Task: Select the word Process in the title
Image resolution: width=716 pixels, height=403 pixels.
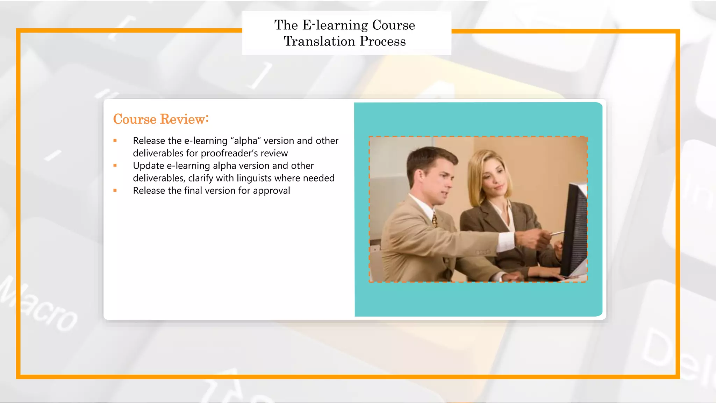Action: pos(383,41)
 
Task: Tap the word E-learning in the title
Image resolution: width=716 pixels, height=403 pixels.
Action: pos(335,25)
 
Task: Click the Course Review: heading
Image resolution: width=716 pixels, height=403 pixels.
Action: pos(161,119)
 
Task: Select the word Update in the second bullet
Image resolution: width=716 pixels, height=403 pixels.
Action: pos(149,166)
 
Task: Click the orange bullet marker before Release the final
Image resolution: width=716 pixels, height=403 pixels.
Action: pos(115,191)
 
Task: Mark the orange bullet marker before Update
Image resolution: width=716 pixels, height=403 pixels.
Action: pos(115,165)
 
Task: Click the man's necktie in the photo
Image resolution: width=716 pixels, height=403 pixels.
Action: pos(435,220)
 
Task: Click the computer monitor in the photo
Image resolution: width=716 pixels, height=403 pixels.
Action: pos(575,231)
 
